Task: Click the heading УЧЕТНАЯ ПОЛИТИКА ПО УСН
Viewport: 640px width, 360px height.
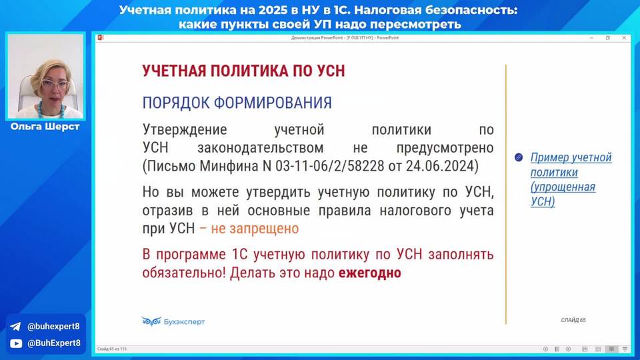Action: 244,71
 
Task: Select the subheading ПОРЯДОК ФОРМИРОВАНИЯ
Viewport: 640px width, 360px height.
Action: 237,103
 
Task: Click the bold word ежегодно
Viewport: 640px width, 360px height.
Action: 370,273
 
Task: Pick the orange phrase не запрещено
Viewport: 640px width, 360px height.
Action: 255,229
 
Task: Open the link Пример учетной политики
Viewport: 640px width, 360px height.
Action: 571,165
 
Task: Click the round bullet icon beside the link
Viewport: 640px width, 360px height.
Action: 519,157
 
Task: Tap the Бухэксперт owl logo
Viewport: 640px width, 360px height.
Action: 151,321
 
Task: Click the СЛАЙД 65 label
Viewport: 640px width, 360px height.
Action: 573,320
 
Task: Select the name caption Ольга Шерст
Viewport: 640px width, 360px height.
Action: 45,127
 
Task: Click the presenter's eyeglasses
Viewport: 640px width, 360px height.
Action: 55,85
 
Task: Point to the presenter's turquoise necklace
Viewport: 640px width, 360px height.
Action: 50,110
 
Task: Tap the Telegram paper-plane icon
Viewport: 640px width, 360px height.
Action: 15,327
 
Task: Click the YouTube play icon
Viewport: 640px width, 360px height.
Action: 16,344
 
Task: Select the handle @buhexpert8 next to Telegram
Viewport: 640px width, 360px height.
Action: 53,327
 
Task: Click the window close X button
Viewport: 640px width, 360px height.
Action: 624,38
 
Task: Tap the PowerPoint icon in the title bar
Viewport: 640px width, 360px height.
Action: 101,38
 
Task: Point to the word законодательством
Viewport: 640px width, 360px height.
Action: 261,148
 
